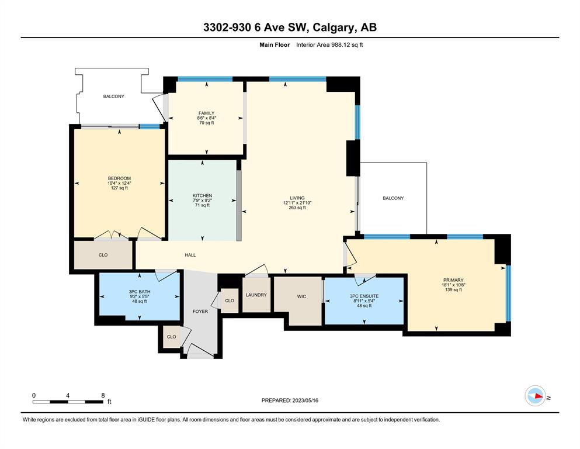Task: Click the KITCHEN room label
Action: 202,195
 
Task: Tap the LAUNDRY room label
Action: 256,295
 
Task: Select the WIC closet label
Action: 301,296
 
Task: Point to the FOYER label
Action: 200,311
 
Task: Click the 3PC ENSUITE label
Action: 364,296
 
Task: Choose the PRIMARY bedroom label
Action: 453,280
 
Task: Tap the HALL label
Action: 190,255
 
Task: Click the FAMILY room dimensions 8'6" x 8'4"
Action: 206,118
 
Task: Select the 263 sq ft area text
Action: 297,208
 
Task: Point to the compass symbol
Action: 535,396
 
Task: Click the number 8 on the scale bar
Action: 103,395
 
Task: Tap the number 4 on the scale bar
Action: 68,395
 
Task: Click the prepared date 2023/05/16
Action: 305,400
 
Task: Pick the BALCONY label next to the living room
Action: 393,198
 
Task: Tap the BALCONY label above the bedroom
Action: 113,96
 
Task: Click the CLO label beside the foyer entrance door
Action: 171,337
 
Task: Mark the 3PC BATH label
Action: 140,292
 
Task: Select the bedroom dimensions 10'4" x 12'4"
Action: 119,183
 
